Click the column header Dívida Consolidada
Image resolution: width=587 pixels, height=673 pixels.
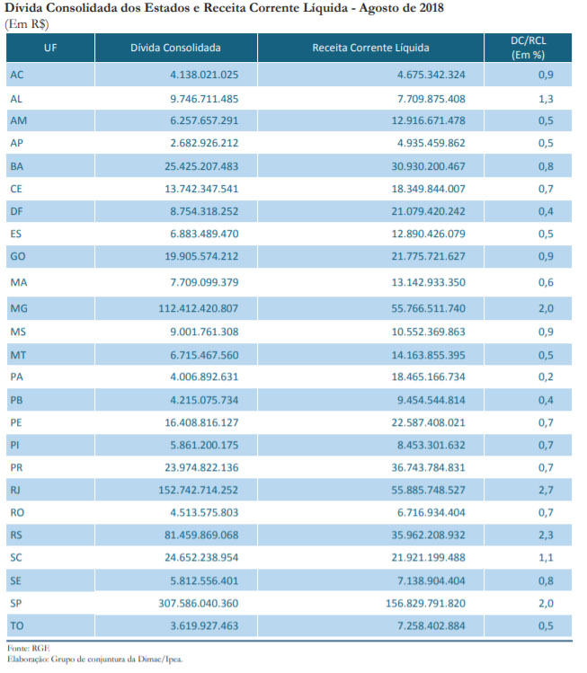[x=175, y=48]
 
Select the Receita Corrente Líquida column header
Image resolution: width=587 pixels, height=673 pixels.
[x=370, y=48]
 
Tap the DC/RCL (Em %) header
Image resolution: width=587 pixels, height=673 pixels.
[x=528, y=48]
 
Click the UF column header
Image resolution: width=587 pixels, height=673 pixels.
[x=50, y=48]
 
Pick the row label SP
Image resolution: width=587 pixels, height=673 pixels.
[x=16, y=604]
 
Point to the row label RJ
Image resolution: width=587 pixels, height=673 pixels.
[x=15, y=491]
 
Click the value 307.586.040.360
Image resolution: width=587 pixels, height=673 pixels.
[x=199, y=604]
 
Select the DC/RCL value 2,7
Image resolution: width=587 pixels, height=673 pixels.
[x=546, y=491]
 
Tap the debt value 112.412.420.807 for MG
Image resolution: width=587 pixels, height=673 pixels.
[x=199, y=308]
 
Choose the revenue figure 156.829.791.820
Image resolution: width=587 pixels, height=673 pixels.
[x=425, y=604]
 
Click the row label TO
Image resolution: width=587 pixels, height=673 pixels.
[x=17, y=625]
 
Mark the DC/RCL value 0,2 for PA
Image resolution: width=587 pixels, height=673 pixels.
[x=546, y=376]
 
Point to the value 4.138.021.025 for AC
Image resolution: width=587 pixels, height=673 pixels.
[x=204, y=75]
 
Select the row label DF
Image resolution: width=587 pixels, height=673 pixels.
[x=17, y=211]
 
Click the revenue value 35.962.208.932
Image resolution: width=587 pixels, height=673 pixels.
[x=428, y=536]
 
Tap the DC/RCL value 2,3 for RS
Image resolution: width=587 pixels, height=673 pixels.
[x=546, y=536]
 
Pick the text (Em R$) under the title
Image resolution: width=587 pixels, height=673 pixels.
[x=27, y=24]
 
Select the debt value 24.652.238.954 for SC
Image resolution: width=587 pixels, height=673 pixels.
[x=201, y=558]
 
